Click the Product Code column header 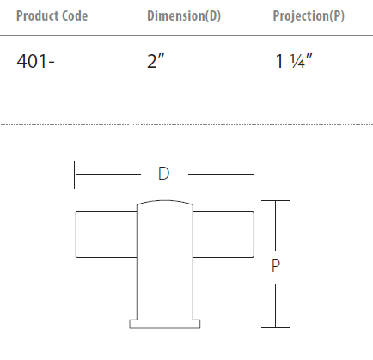(52, 15)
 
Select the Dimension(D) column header (184, 16)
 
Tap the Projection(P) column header (309, 16)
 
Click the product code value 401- (35, 61)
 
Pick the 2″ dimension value (156, 61)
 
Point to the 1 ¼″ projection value (294, 61)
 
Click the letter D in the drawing (163, 174)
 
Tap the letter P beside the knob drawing (276, 266)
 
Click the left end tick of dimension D (74, 174)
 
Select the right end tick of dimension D (254, 174)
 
